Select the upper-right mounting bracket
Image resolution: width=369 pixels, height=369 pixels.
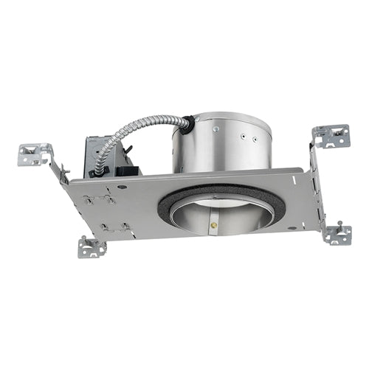click(331, 136)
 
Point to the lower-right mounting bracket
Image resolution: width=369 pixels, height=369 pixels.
click(337, 234)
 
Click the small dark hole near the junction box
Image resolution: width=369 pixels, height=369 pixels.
click(122, 187)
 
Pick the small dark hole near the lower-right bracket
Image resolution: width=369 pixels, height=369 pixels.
click(293, 227)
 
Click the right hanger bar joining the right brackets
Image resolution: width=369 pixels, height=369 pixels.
click(316, 184)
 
